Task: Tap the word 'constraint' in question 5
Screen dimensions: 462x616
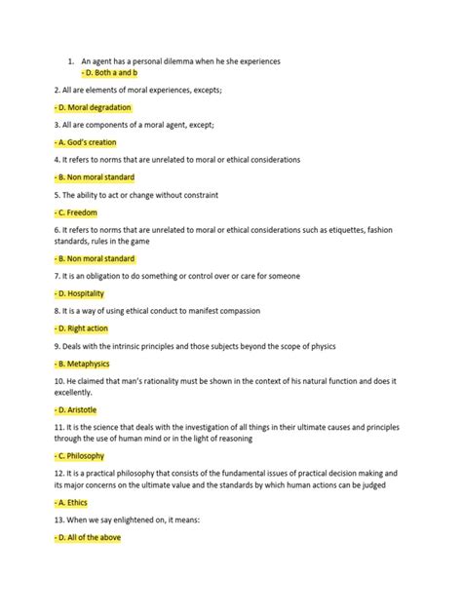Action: point(196,194)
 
